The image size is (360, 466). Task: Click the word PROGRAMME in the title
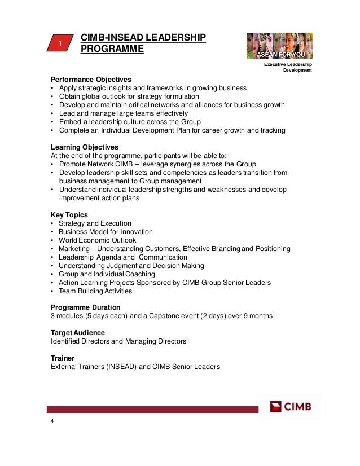113,50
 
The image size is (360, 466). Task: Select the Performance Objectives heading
91,79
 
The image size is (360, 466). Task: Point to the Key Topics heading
69,215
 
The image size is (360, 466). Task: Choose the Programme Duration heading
85,307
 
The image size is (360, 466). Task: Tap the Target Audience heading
78,333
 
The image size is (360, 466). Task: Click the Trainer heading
63,358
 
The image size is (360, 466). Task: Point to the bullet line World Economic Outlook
98,240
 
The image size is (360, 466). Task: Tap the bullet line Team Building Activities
95,291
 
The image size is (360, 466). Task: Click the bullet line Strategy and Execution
95,223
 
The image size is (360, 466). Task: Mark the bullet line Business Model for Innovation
106,232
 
